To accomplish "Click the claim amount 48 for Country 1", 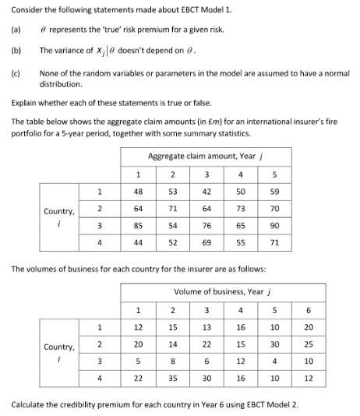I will pos(138,191).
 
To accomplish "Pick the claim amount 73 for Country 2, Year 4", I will pos(241,209).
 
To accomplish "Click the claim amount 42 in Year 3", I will pos(206,191).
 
